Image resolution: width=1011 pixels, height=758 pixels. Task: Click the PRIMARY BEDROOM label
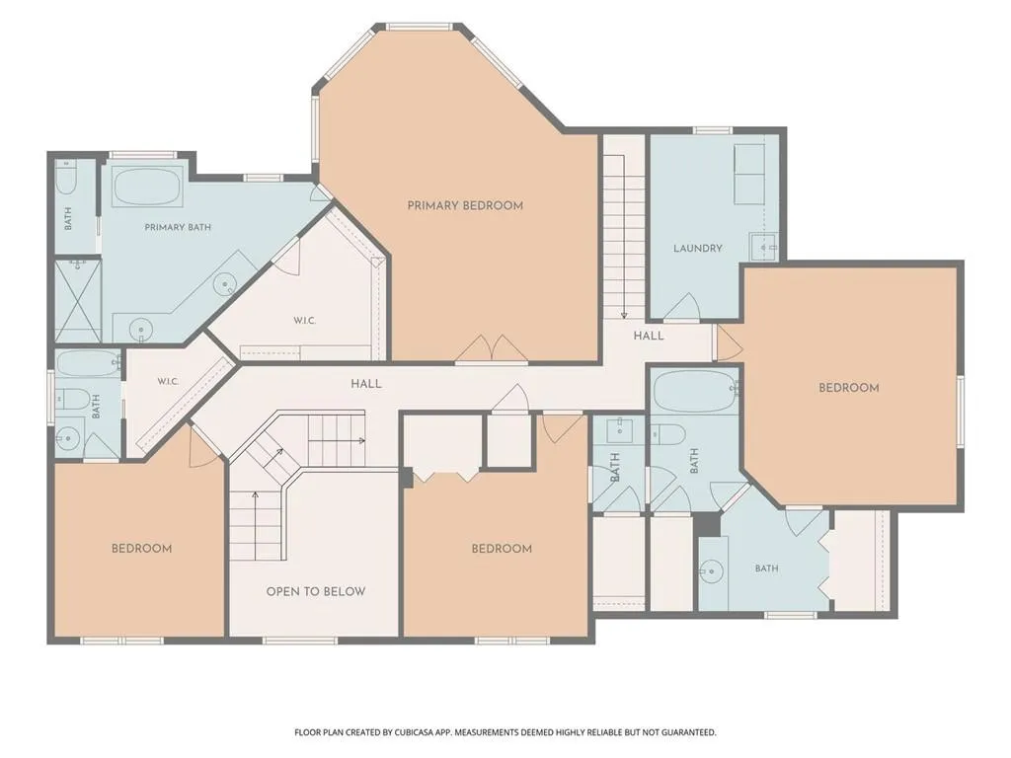465,205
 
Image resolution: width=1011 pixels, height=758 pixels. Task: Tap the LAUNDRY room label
698,248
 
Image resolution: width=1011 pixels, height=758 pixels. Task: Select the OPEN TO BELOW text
316,592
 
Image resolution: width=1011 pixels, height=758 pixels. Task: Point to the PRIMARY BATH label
178,227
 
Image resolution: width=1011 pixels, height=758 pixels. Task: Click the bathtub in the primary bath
147,187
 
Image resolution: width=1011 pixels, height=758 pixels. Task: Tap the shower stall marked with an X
78,300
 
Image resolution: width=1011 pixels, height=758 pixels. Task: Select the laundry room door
681,308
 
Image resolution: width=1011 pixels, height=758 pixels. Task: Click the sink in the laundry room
763,247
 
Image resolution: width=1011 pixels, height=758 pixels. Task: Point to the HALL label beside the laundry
649,336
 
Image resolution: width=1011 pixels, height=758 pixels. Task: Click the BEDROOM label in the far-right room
848,388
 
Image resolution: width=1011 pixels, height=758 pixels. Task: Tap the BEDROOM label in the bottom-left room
142,549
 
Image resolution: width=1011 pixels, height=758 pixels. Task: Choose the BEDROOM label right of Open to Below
502,549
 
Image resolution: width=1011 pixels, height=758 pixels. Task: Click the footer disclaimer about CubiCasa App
505,732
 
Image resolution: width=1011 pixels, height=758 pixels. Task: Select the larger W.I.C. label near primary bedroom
304,321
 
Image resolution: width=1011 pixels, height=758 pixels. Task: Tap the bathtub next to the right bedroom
695,391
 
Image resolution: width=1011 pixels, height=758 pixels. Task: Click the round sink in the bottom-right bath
712,571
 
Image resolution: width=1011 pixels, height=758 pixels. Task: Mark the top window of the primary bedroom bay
419,27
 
